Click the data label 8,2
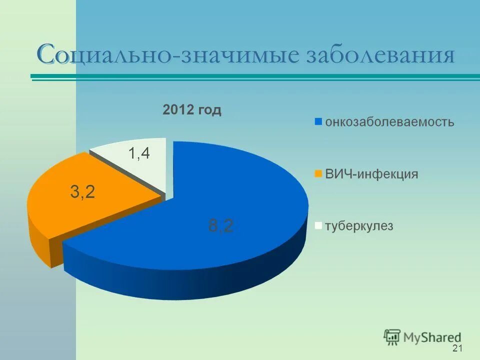(220, 226)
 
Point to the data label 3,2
(82, 191)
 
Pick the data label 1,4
(139, 153)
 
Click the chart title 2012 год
(191, 110)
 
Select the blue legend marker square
(318, 121)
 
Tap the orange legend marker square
(318, 174)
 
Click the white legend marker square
(318, 226)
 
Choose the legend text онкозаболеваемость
(389, 121)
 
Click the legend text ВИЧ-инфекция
(371, 174)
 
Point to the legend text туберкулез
(359, 226)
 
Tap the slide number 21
(456, 348)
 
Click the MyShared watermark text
(432, 337)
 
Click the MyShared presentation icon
(392, 337)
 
